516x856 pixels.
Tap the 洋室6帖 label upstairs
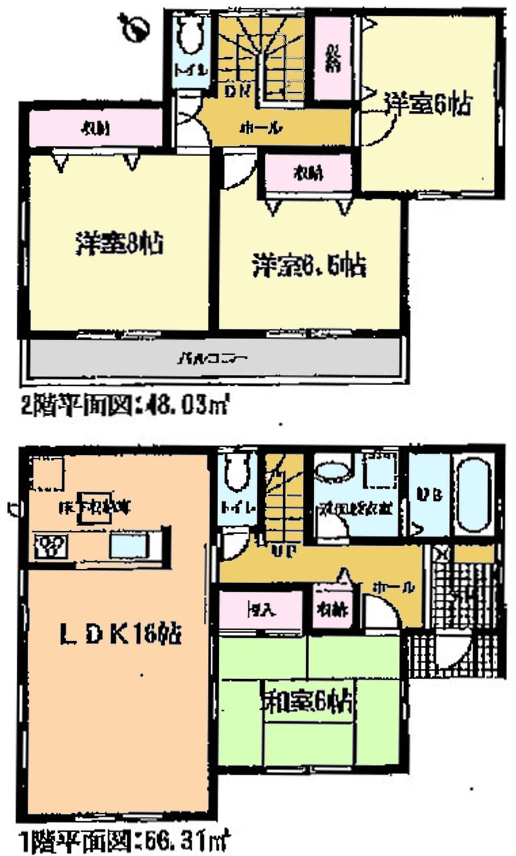pyautogui.click(x=428, y=105)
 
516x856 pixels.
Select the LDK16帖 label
pyautogui.click(x=120, y=634)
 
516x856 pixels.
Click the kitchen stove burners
pyautogui.click(x=51, y=546)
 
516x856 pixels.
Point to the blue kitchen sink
pyautogui.click(x=129, y=546)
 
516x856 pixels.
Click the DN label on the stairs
pyautogui.click(x=238, y=91)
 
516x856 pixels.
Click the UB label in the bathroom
pyautogui.click(x=429, y=495)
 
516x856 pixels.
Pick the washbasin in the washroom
pyautogui.click(x=331, y=471)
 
